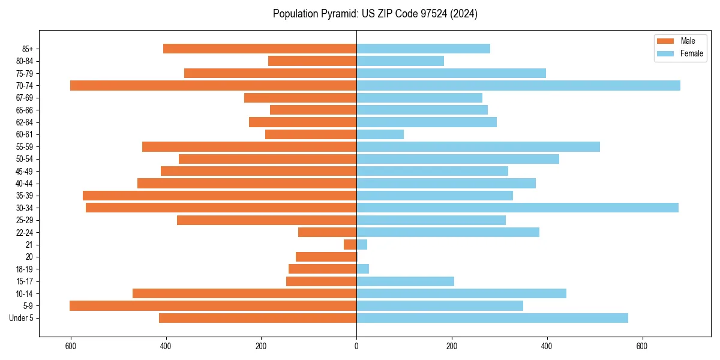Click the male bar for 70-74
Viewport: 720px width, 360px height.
pos(213,85)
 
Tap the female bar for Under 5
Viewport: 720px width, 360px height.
pos(492,318)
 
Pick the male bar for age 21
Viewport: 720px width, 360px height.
pos(350,244)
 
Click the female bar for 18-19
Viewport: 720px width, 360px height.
pos(363,269)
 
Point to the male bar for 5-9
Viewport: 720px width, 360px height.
pos(213,305)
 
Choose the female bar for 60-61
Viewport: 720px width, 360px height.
pos(380,134)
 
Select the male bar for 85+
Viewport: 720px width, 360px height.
pos(260,49)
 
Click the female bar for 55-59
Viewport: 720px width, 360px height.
pos(478,146)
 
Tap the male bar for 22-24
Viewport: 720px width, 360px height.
pos(328,232)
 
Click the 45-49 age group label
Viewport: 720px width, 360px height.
pos(25,171)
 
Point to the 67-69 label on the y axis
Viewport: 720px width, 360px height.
pos(25,98)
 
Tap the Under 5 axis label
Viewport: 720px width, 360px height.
pos(22,318)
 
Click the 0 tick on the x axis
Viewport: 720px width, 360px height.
pos(356,346)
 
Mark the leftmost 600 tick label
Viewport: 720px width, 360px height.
pos(71,346)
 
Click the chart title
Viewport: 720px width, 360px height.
pos(375,13)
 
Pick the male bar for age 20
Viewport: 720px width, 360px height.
pos(326,257)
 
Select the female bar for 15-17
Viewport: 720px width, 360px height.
pos(405,281)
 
